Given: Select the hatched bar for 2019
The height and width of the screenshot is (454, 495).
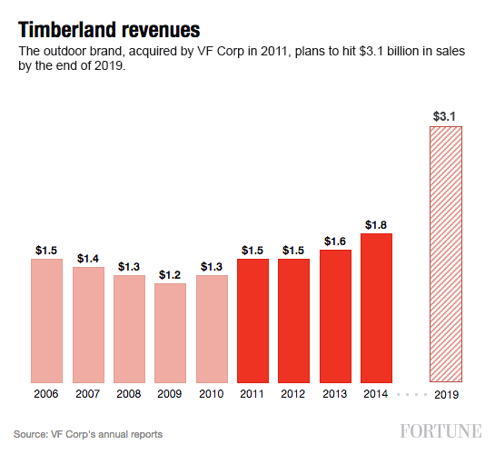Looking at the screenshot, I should point(445,254).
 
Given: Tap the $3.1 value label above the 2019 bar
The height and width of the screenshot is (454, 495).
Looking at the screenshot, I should point(445,115).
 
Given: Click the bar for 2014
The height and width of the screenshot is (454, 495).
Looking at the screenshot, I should point(376,308).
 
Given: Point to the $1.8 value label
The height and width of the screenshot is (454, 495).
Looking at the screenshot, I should point(376,223).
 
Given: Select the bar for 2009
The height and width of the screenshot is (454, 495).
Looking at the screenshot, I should point(170,332).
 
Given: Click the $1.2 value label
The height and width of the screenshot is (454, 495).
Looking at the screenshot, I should point(170,273).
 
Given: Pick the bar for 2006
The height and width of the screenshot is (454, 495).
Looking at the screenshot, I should point(46,321).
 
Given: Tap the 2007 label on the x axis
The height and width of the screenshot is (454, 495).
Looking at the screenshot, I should point(88,395).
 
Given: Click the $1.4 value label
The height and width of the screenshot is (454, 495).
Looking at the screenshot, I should point(88,258).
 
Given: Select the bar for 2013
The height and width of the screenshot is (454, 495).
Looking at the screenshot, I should point(335,315).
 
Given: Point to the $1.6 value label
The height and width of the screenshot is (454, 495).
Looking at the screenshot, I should point(335,240).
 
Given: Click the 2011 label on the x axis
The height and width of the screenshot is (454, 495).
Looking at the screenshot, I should point(252,395).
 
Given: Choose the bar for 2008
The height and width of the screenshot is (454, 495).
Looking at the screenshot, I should point(129,329).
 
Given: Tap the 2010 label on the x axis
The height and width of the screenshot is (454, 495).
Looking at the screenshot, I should point(212,395).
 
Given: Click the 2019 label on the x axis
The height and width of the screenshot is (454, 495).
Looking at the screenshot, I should point(445,395).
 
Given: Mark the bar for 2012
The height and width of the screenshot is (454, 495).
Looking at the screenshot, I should point(293,321).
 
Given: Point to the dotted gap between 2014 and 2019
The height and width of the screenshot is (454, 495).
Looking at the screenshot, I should point(411,395).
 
